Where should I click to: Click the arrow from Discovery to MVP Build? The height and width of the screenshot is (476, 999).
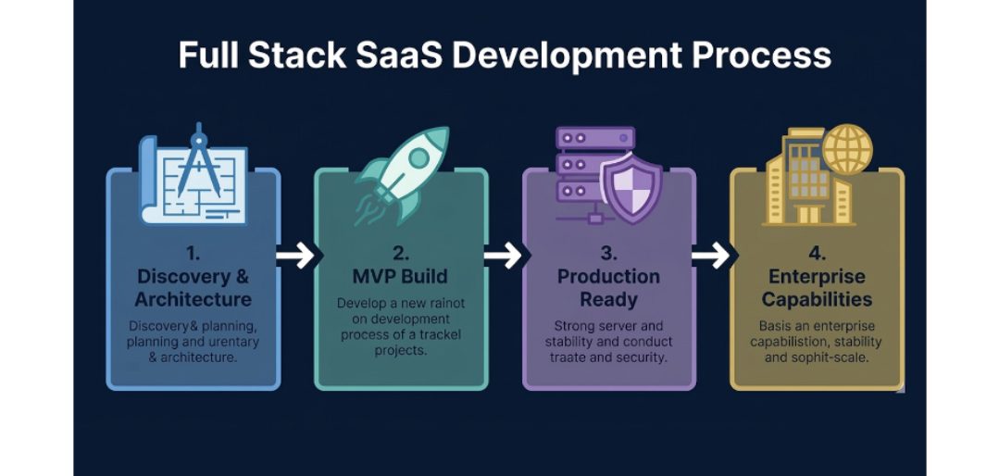point(296,257)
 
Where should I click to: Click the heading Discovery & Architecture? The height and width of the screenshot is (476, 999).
point(193,288)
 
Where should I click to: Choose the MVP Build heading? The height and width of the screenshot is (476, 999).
point(401,277)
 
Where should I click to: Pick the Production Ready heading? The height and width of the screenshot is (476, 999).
point(608,288)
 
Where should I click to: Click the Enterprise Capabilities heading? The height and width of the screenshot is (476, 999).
point(816,288)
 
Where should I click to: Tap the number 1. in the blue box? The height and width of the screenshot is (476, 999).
point(193,252)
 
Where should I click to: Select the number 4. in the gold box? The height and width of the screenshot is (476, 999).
point(816,252)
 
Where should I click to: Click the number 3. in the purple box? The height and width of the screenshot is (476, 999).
point(608,252)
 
